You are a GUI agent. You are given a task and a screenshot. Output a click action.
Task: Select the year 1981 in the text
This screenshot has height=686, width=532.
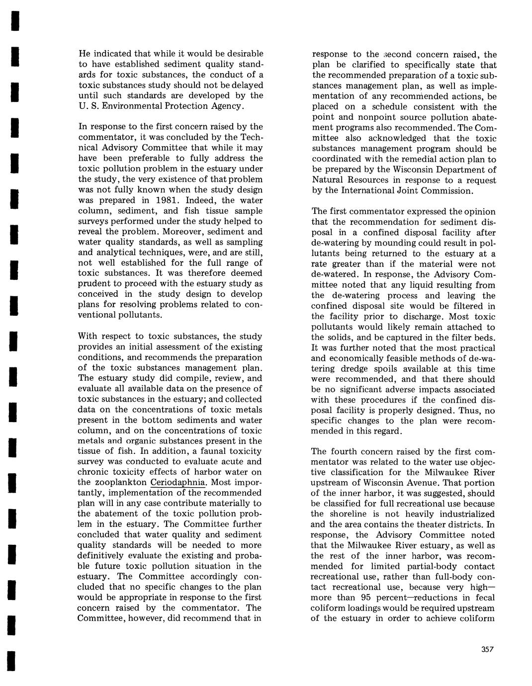175,200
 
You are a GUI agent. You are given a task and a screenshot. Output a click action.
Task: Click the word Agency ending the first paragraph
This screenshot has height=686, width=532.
225,106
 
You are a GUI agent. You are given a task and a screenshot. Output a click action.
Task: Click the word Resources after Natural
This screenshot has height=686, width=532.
372,180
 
